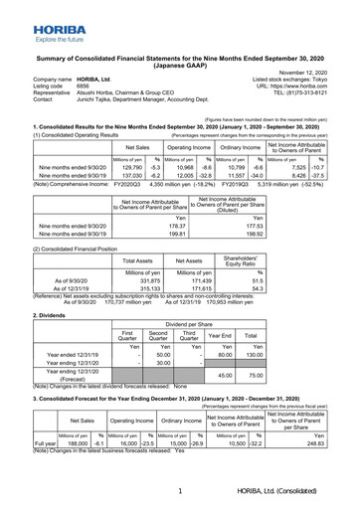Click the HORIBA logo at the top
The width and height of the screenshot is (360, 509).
31,14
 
